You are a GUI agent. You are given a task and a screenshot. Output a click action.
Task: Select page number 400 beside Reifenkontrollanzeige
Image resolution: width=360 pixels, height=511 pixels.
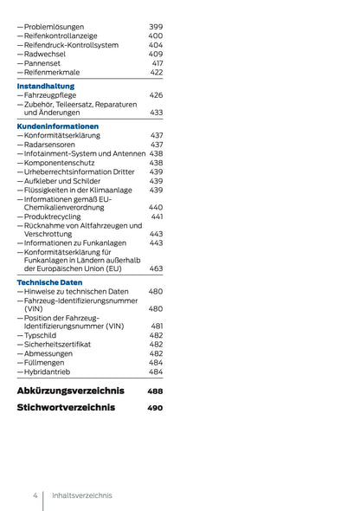tap(155, 36)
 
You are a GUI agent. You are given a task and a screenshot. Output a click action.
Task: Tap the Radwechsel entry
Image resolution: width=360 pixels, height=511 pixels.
tap(45, 54)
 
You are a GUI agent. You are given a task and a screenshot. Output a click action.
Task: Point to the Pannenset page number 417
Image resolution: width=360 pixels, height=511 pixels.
tap(157, 63)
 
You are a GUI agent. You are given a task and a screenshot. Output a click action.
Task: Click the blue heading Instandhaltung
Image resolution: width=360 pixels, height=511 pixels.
tap(46, 86)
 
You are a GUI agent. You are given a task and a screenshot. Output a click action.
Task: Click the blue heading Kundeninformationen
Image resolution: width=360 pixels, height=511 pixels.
tap(57, 126)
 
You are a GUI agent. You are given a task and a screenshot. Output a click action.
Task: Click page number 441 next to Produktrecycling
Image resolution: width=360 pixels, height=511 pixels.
tap(157, 217)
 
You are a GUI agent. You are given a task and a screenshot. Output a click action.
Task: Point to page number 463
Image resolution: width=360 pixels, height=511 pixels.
tap(156, 269)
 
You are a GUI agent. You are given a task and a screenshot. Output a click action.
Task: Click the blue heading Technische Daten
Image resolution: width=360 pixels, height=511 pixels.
tap(49, 282)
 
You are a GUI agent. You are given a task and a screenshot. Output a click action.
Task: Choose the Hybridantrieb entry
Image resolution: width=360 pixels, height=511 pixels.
tap(50, 372)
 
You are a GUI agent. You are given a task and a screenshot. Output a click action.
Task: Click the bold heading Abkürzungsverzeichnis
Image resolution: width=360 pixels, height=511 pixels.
tap(70, 391)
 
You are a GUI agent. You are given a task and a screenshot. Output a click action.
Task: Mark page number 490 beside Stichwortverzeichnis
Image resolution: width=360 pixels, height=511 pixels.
tap(155, 407)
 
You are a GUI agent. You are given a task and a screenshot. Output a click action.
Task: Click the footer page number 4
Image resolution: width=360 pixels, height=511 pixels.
tap(35, 495)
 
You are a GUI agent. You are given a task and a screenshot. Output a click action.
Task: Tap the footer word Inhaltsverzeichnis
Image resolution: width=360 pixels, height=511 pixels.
tap(81, 495)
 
